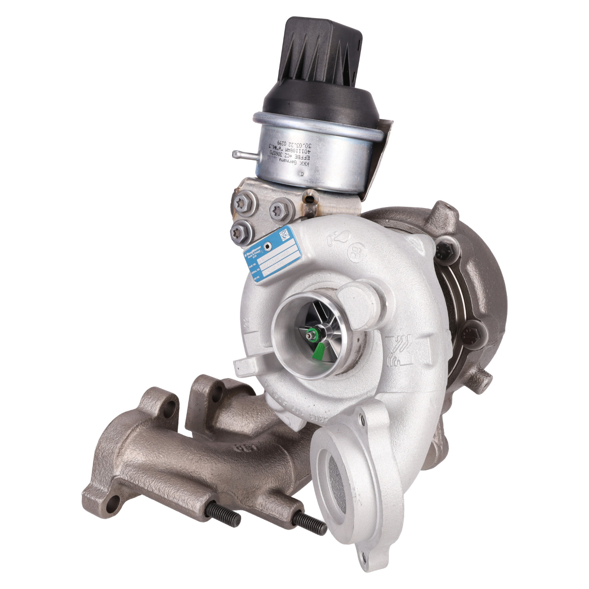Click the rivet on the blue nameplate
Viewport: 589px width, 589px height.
tap(268, 247)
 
